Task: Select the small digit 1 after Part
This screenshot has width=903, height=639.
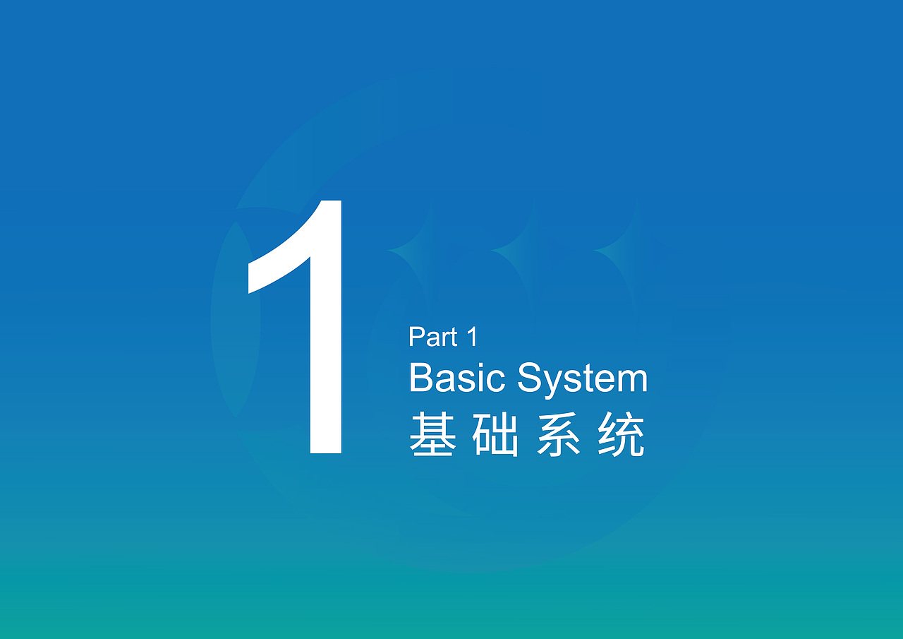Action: [471, 338]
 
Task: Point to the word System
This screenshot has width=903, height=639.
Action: [582, 379]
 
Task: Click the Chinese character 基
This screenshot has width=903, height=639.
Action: [432, 436]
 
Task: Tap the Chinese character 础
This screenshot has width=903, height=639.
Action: [495, 436]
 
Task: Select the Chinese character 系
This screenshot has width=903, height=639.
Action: [559, 436]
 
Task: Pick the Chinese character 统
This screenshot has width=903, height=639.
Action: [622, 436]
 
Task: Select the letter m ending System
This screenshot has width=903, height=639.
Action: [631, 381]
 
